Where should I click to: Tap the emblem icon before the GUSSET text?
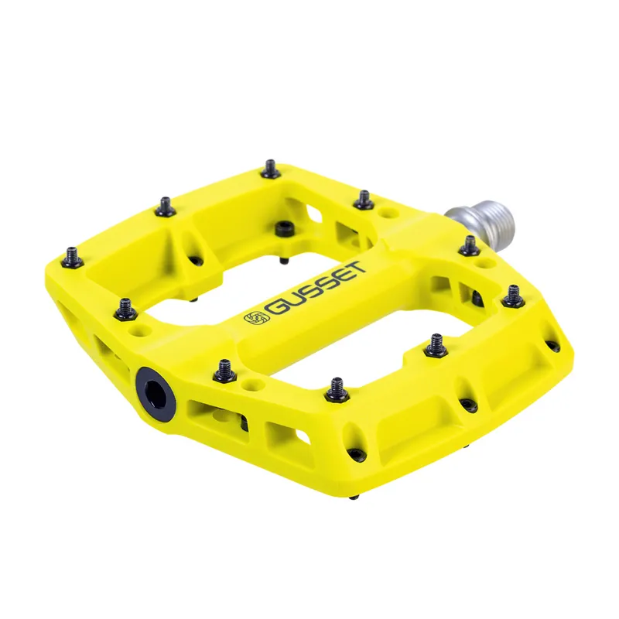point(253,319)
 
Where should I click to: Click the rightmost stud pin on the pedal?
point(512,296)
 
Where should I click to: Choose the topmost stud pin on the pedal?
point(270,168)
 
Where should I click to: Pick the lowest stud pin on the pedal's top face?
point(337,389)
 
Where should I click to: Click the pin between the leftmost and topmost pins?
point(166,205)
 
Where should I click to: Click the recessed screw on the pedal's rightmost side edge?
point(553,347)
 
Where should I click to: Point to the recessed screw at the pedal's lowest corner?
point(355,454)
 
